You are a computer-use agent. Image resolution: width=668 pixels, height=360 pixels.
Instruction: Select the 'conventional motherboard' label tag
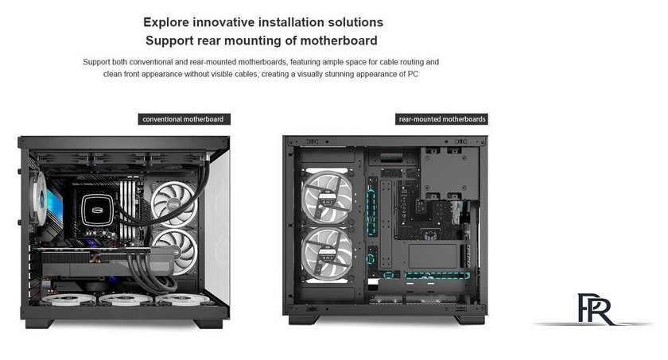tap(184, 119)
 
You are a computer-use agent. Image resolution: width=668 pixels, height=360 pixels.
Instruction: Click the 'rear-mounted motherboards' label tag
tap(441, 119)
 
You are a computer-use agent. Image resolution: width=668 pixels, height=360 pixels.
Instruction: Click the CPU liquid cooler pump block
tap(97, 210)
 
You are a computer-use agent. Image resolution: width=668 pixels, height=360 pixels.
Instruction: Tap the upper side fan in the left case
tap(174, 203)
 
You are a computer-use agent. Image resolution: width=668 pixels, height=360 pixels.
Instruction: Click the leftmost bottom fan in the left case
tap(68, 299)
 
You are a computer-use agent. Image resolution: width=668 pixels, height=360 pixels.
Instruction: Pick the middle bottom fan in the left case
tap(126, 299)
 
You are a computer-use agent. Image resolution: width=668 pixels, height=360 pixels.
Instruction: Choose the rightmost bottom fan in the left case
tap(182, 299)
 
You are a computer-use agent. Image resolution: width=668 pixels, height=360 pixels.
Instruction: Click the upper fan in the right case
tap(328, 197)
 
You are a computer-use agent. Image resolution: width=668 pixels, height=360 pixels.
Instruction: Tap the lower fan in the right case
tap(328, 254)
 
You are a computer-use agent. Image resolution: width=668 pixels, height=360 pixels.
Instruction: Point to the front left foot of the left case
tap(39, 323)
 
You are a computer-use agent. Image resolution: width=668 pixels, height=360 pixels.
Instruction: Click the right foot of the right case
tap(470, 319)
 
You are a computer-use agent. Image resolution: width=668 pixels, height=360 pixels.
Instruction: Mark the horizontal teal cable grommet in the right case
tap(437, 275)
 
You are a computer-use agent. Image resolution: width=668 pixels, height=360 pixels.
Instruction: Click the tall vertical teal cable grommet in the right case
tap(371, 212)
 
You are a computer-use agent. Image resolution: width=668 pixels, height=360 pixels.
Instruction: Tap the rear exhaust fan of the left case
tap(39, 198)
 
